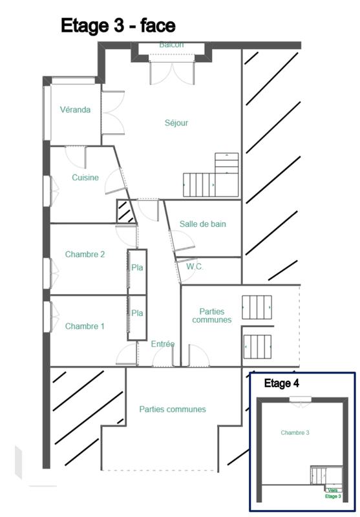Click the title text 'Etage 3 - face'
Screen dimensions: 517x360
coord(118,25)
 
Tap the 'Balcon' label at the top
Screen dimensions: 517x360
coord(171,45)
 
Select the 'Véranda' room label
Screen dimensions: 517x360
coord(75,110)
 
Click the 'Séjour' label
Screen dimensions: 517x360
coord(176,123)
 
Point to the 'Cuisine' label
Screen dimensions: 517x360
coord(85,178)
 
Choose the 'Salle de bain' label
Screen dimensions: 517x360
coord(203,224)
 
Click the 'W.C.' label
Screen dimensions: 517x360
coord(195,266)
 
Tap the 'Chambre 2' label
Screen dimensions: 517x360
coord(85,255)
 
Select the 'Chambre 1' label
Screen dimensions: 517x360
coord(85,326)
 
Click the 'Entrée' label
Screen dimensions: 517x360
coord(163,344)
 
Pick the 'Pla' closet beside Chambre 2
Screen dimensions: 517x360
coord(137,268)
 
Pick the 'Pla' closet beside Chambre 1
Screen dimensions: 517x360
coord(137,313)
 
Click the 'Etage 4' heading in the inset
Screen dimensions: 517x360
coord(281,384)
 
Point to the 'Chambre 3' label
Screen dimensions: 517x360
coord(295,432)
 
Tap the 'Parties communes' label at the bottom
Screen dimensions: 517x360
coord(173,409)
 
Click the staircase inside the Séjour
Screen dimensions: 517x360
coord(211,178)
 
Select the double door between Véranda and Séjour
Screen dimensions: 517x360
coord(112,113)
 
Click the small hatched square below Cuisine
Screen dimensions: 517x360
coord(125,211)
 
